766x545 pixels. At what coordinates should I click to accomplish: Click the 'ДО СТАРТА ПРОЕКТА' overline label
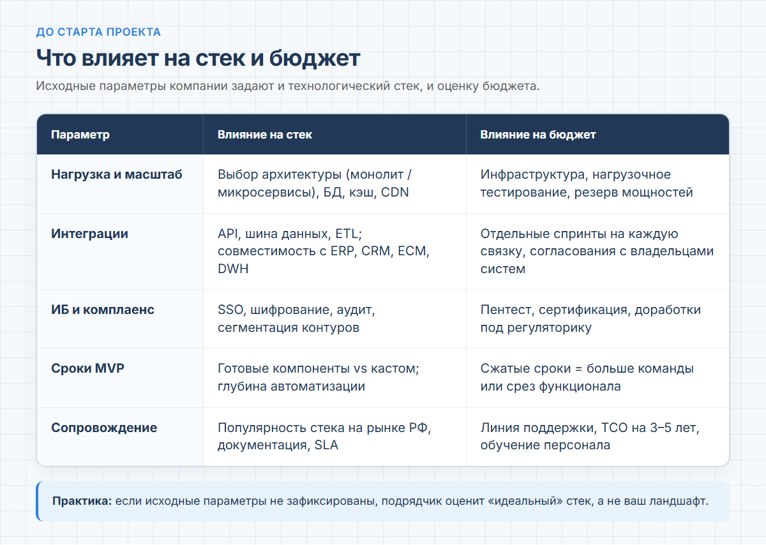coord(98,32)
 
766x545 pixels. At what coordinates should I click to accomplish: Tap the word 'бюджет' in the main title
coord(315,59)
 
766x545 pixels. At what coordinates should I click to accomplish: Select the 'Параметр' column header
coord(80,135)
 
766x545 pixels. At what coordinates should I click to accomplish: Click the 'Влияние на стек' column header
coord(265,135)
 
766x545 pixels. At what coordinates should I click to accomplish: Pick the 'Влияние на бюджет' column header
coord(538,135)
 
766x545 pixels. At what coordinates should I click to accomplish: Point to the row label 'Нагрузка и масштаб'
coord(117,174)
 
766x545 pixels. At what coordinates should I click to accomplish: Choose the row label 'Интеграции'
coord(89,234)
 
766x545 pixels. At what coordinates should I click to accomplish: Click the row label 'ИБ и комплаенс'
coord(103,310)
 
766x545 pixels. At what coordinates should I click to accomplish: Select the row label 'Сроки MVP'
coord(87,368)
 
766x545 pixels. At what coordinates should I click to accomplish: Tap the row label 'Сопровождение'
coord(104,428)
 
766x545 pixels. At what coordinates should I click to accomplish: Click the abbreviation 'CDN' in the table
coord(394,192)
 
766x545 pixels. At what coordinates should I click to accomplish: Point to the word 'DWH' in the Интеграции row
coord(233,269)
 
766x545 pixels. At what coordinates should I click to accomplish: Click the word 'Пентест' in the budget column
coord(507,310)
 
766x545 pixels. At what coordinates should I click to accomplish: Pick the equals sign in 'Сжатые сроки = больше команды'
coord(578,369)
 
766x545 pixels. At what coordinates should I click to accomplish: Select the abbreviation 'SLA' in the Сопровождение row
coord(326,445)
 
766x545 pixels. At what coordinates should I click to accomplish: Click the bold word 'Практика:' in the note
coord(82,501)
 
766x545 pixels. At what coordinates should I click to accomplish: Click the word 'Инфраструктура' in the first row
coord(534,174)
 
